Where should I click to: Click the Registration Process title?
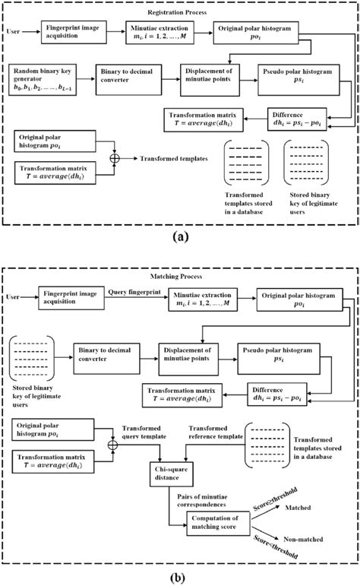(180, 13)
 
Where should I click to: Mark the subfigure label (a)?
(180, 237)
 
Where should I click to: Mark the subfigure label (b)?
(180, 576)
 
